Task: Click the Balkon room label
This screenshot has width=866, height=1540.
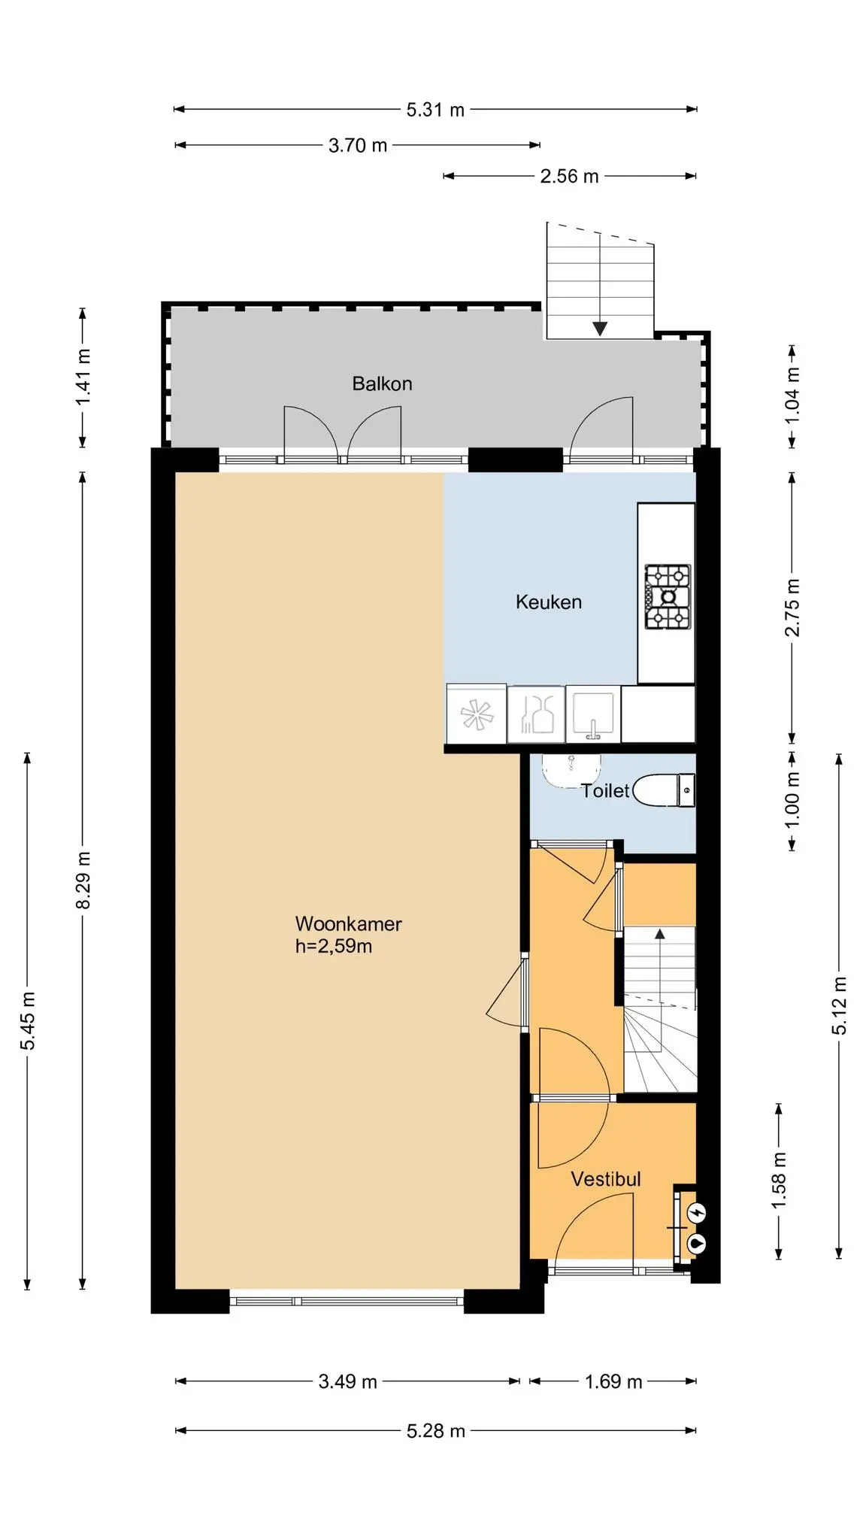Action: [x=382, y=383]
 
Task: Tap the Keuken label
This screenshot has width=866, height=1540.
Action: [x=548, y=602]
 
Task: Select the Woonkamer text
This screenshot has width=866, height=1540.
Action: [x=348, y=923]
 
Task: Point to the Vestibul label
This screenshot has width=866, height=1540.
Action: [x=606, y=1179]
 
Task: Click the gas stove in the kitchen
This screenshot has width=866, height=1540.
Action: [x=667, y=597]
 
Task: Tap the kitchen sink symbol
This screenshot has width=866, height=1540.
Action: [x=593, y=713]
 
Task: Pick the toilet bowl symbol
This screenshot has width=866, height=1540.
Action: [x=664, y=790]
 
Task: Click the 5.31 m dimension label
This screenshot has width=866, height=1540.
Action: [x=435, y=110]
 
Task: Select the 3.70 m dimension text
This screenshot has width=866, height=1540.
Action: [x=358, y=145]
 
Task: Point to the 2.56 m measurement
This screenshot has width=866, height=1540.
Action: [x=569, y=176]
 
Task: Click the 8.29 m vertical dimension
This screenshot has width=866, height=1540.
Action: [x=83, y=880]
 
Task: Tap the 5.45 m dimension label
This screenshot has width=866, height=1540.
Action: [x=28, y=1021]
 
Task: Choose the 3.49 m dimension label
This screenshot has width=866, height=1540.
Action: [x=347, y=1381]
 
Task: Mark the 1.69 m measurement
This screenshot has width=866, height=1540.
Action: [x=613, y=1381]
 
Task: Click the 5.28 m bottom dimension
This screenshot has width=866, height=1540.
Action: [x=435, y=1431]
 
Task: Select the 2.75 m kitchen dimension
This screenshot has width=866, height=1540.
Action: [x=792, y=608]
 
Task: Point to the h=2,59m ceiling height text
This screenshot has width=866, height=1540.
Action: [x=333, y=946]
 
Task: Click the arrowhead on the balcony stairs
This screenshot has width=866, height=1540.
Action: [x=599, y=328]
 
